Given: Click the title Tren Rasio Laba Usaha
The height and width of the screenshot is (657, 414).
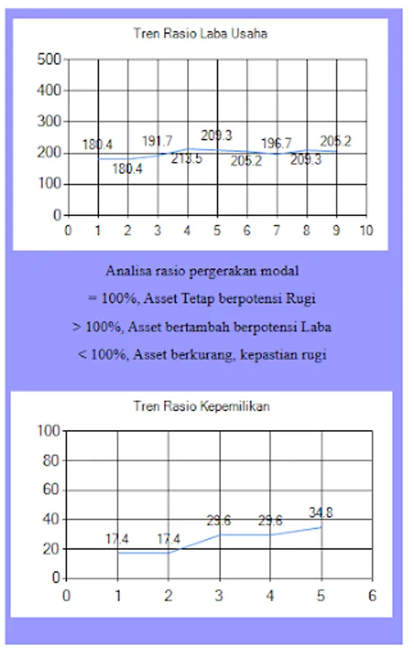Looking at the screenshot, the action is pyautogui.click(x=200, y=34).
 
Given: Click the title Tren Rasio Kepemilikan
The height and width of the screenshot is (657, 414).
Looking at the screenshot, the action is pyautogui.click(x=201, y=406).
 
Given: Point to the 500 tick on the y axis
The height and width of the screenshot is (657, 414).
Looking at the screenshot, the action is pyautogui.click(x=50, y=60).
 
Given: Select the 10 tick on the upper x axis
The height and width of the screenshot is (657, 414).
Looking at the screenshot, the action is pyautogui.click(x=366, y=231).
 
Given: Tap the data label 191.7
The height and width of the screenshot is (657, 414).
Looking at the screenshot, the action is pyautogui.click(x=157, y=141).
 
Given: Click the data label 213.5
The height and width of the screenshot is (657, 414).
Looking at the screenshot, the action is pyautogui.click(x=187, y=159).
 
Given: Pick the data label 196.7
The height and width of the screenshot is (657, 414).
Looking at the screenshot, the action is pyautogui.click(x=276, y=144).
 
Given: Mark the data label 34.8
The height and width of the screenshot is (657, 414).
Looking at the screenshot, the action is pyautogui.click(x=320, y=512).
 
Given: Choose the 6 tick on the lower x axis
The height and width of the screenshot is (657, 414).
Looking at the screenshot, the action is pyautogui.click(x=372, y=595).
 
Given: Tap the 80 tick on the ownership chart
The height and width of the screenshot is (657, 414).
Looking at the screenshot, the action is pyautogui.click(x=50, y=461).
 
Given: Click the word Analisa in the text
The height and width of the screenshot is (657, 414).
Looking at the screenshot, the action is pyautogui.click(x=126, y=271).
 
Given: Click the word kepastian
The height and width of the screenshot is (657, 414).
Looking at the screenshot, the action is pyautogui.click(x=265, y=356).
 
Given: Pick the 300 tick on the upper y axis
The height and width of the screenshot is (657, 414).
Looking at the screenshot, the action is pyautogui.click(x=50, y=122).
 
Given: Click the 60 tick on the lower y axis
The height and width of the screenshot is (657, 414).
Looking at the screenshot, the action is pyautogui.click(x=50, y=490).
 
